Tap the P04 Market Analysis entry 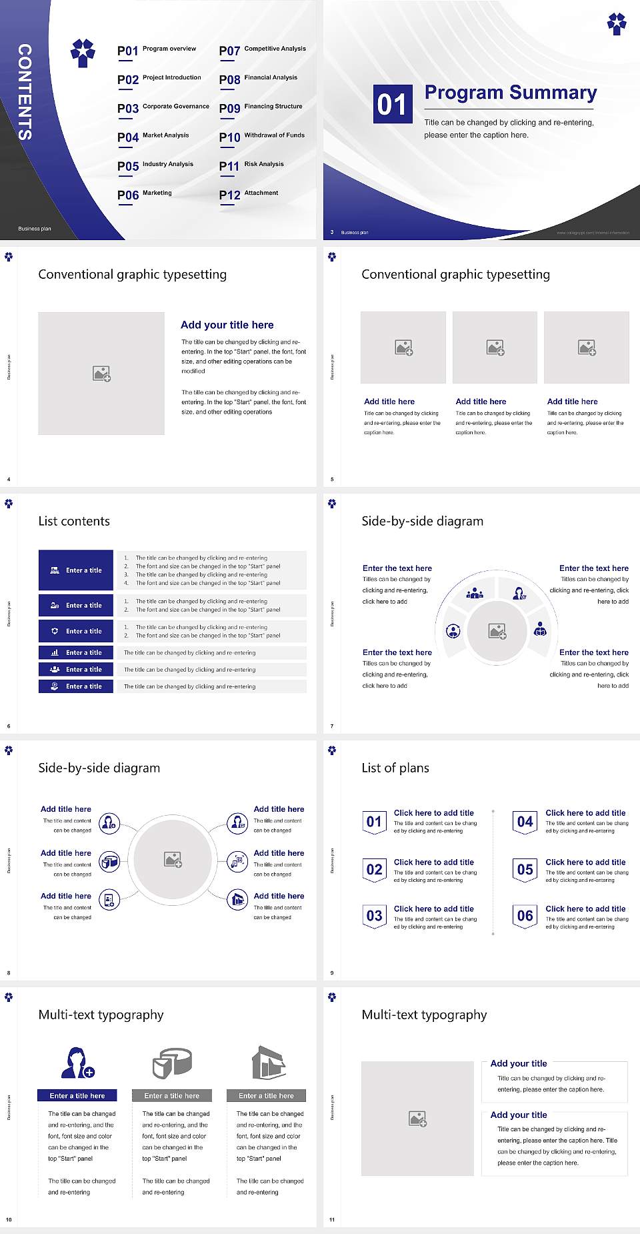click(x=153, y=137)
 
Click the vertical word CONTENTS click(x=25, y=92)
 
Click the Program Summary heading click(x=510, y=93)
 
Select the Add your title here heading click(x=227, y=325)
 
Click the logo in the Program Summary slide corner click(x=617, y=23)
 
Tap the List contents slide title click(x=74, y=521)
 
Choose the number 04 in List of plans click(x=525, y=822)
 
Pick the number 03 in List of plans click(x=375, y=916)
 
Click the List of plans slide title click(x=395, y=768)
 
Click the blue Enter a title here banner click(x=77, y=1095)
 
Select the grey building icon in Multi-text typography click(x=269, y=1063)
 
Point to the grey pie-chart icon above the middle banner click(x=172, y=1063)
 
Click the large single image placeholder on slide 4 click(x=101, y=374)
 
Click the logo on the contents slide click(x=83, y=52)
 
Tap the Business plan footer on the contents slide click(x=35, y=229)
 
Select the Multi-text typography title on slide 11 click(x=424, y=1015)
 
